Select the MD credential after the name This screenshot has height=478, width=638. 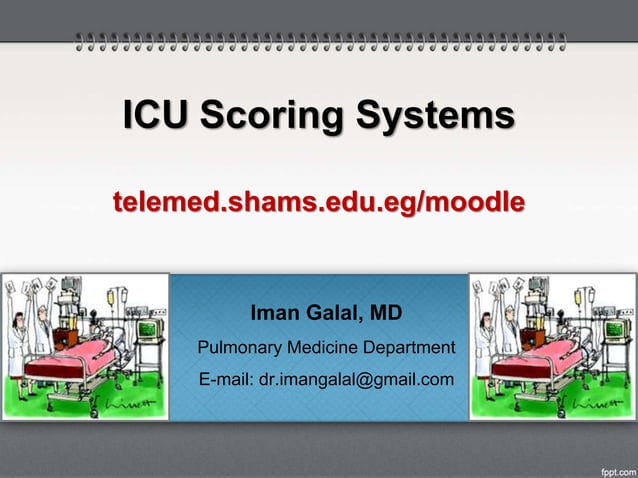pos(386,315)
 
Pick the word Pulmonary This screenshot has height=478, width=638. pos(239,348)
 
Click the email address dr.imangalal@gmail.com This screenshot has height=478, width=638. pos(356,380)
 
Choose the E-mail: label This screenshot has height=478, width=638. pos(227,380)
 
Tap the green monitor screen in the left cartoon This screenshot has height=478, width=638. pos(147,328)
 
